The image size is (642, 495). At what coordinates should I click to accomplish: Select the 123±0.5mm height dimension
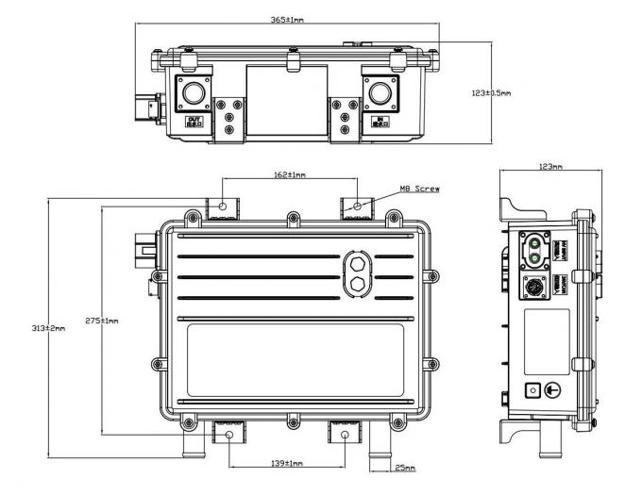[x=491, y=93]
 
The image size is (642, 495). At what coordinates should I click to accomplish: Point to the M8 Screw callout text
[x=420, y=189]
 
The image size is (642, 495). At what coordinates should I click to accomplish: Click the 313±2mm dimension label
[x=48, y=327]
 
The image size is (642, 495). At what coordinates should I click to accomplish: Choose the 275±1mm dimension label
[x=103, y=321]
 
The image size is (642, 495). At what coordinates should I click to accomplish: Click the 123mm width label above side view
[x=549, y=167]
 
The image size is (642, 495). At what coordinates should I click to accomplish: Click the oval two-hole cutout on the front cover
[x=360, y=272]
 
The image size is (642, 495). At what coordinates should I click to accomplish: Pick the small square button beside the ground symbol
[x=531, y=390]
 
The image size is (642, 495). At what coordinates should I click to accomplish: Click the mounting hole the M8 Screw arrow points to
[x=358, y=205]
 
